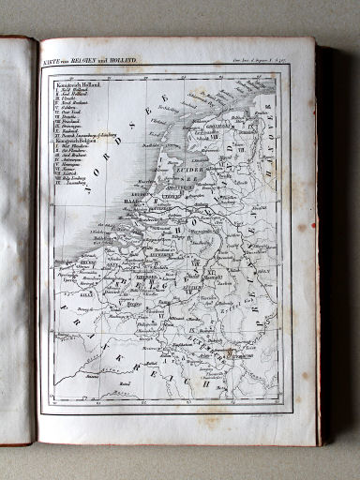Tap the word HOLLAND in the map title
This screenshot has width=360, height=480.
[x=124, y=61]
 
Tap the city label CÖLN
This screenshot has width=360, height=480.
[x=247, y=277]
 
